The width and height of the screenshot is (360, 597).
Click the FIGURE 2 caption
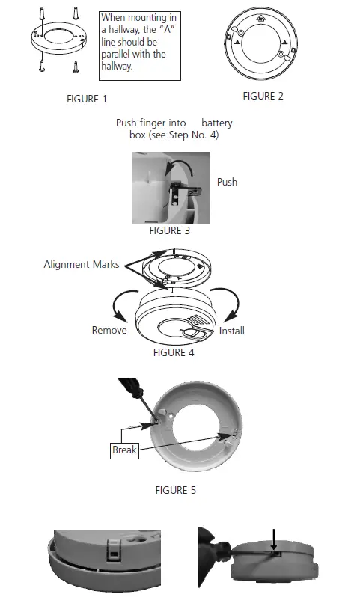pos(263,96)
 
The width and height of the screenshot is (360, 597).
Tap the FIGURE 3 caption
pos(169,230)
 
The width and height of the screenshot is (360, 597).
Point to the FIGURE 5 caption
pos(180,490)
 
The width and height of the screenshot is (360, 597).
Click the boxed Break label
pos(124,450)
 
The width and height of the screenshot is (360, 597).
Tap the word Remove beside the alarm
pos(109,330)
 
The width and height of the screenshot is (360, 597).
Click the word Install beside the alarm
pos(231,331)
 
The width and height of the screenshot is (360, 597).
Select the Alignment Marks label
pos(81,265)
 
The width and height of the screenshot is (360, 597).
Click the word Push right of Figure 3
pos(227,182)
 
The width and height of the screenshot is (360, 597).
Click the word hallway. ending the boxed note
pos(116,67)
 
